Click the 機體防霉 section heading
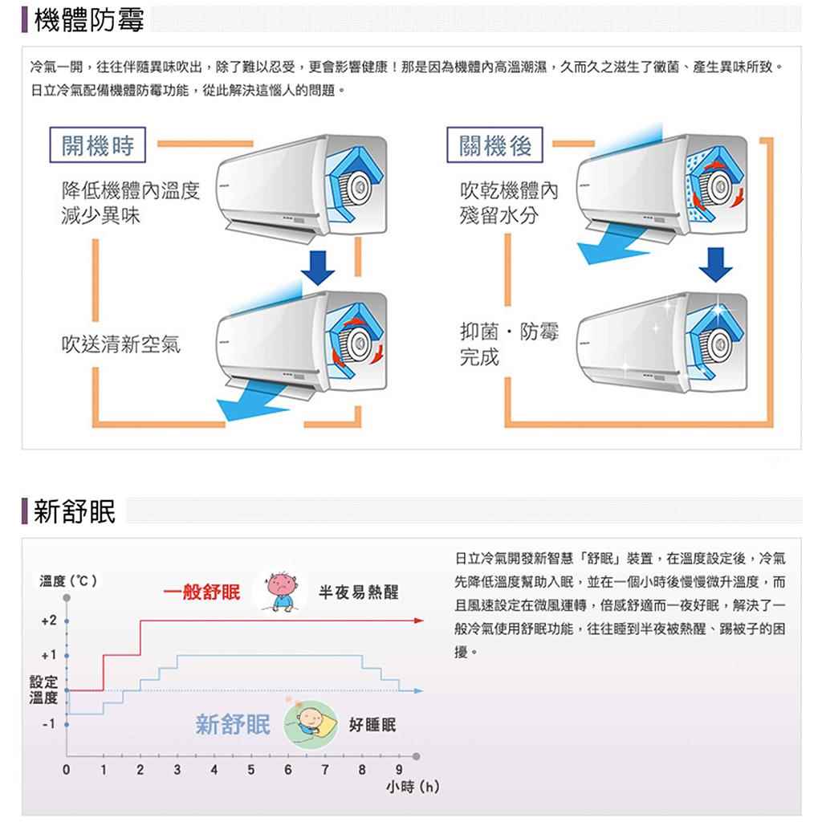[x=88, y=20]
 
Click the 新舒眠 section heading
[x=75, y=511]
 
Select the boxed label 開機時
[x=97, y=145]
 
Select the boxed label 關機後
[x=494, y=145]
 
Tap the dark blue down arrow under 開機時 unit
[x=318, y=267]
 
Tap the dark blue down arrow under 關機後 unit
[x=715, y=265]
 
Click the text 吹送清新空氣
[x=121, y=344]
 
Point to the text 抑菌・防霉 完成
[x=508, y=344]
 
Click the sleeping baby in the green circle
[x=311, y=724]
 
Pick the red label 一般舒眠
[x=201, y=592]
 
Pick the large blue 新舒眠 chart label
[x=233, y=725]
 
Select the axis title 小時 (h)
[x=413, y=787]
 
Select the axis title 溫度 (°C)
[x=68, y=581]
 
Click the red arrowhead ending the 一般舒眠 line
[x=418, y=621]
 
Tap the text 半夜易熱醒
[x=359, y=592]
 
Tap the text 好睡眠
[x=372, y=725]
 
